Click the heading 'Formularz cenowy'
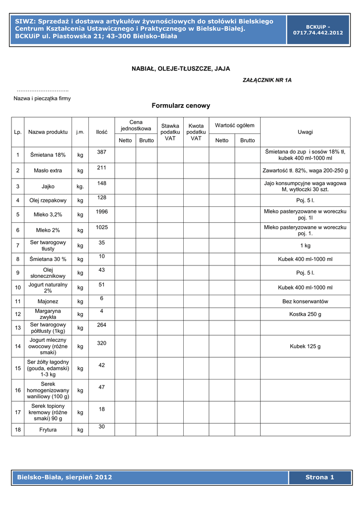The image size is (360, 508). click(x=181, y=106)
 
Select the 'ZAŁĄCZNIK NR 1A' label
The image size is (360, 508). click(x=267, y=80)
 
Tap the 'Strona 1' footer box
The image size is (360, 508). click(x=320, y=477)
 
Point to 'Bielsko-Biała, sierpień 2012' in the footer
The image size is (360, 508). click(x=65, y=477)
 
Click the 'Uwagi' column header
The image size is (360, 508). click(x=305, y=132)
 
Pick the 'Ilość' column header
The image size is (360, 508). click(x=102, y=132)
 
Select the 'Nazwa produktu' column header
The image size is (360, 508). click(x=48, y=132)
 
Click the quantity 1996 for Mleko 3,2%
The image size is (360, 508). click(x=102, y=212)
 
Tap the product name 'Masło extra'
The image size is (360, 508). click(x=48, y=171)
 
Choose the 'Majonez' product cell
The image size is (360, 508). click(x=48, y=301)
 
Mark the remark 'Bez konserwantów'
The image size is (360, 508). click(x=305, y=301)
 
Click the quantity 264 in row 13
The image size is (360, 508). click(x=102, y=325)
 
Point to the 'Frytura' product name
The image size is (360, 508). click(x=48, y=430)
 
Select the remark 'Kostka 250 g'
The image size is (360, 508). click(x=305, y=314)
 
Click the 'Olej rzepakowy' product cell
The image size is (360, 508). click(x=48, y=200)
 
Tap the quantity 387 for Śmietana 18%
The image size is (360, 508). click(x=102, y=150)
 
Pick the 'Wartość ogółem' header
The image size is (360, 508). click(x=234, y=126)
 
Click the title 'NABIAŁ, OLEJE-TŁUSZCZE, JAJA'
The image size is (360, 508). click(x=180, y=68)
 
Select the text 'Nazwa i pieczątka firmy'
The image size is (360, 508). click(x=42, y=98)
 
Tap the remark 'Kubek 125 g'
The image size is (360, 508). click(x=305, y=346)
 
